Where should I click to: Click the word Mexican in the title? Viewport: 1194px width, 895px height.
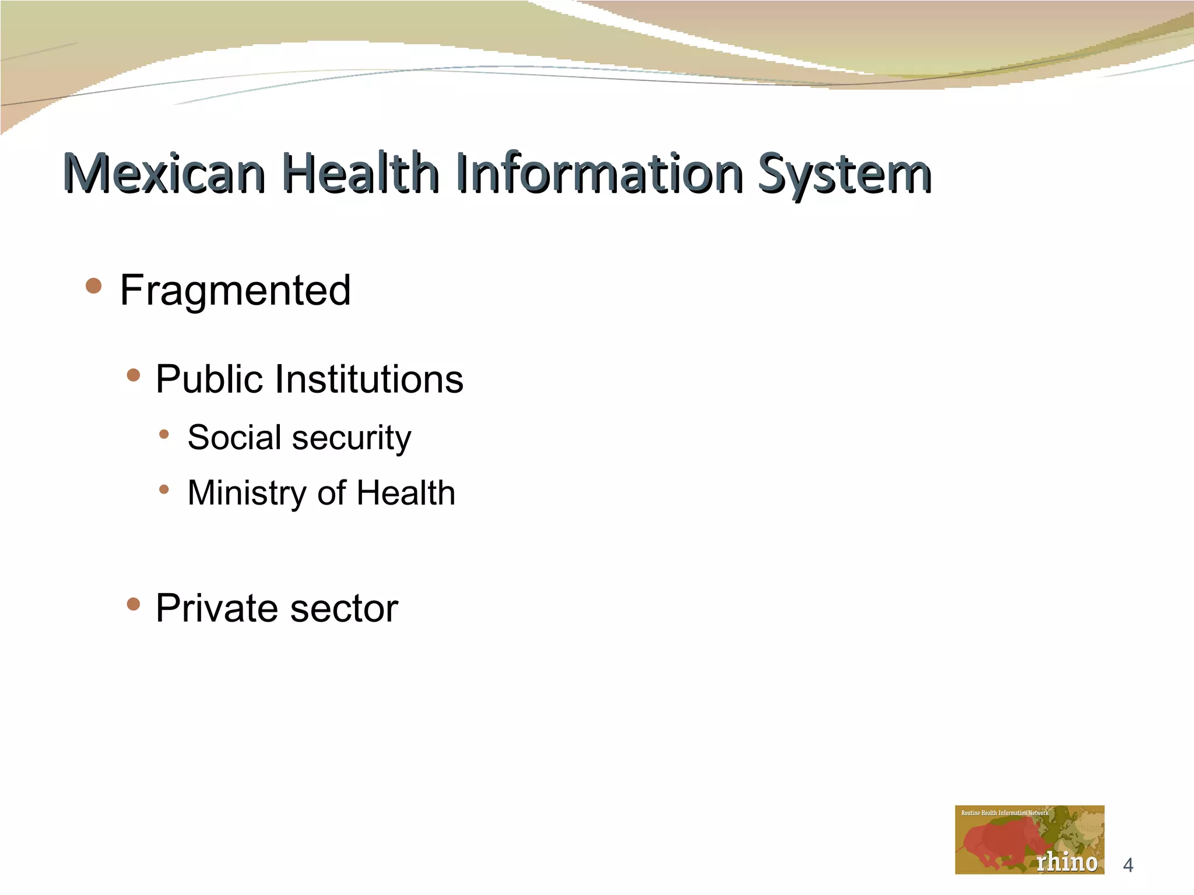pyautogui.click(x=164, y=173)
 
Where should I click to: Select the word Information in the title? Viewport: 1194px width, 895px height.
pyautogui.click(x=599, y=173)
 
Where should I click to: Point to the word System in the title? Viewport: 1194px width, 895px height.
pyautogui.click(x=844, y=174)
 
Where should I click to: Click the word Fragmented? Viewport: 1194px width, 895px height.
pyautogui.click(x=235, y=290)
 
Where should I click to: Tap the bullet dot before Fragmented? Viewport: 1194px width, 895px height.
pyautogui.click(x=93, y=286)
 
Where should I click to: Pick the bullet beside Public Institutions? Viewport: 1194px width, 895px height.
pyautogui.click(x=134, y=375)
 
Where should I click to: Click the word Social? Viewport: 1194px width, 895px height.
pyautogui.click(x=234, y=437)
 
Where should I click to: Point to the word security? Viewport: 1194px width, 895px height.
pyautogui.click(x=352, y=438)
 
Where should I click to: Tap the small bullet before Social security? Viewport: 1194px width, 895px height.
pyautogui.click(x=164, y=434)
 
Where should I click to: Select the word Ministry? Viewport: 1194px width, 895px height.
pyautogui.click(x=247, y=494)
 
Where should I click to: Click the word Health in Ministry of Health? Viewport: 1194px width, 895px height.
pyautogui.click(x=406, y=493)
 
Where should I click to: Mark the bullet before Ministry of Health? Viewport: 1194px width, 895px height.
pyautogui.click(x=164, y=489)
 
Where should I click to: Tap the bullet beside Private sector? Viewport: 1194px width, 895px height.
pyautogui.click(x=134, y=604)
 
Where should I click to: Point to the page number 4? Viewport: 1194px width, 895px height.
pyautogui.click(x=1128, y=865)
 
